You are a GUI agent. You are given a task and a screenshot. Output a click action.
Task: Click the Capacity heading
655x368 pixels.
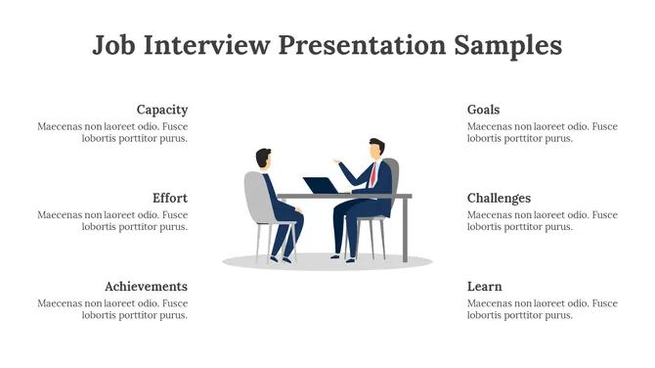(162, 110)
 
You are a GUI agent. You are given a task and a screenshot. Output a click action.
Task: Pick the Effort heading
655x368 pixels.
(170, 198)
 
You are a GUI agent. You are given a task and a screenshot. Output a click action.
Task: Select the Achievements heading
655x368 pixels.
(147, 286)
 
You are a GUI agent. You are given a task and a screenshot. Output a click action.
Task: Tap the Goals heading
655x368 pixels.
(483, 110)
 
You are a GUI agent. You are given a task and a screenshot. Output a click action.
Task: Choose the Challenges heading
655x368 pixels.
(499, 198)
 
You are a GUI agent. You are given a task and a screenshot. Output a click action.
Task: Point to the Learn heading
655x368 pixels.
(484, 286)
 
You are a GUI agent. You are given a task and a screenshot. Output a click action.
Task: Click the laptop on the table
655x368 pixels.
(320, 186)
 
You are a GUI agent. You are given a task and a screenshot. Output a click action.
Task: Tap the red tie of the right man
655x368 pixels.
(372, 174)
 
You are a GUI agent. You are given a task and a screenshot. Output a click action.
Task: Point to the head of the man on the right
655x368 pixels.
(375, 148)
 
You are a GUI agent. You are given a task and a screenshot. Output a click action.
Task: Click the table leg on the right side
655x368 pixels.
(406, 230)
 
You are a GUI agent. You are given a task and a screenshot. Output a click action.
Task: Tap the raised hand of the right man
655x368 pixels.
(337, 161)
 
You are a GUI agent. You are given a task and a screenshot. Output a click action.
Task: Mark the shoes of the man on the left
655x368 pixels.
(282, 257)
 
